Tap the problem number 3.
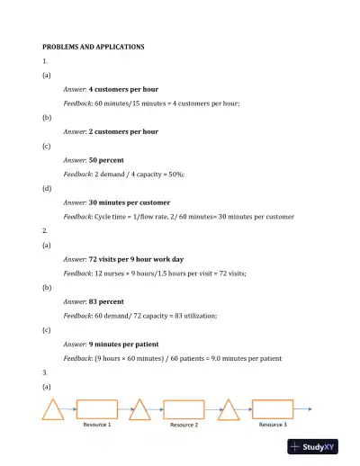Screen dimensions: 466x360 46,372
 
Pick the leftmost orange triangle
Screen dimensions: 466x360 54,411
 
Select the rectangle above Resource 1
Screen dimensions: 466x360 97,409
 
